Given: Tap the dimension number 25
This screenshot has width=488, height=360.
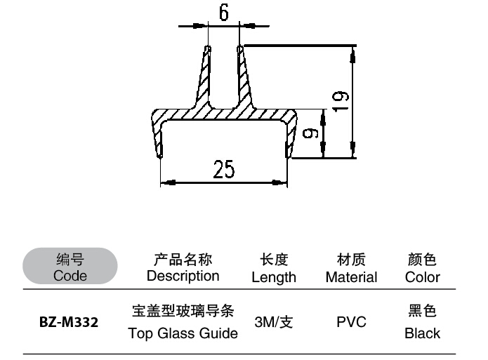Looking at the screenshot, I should pyautogui.click(x=223, y=170).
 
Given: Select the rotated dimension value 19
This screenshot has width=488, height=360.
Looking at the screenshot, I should pyautogui.click(x=341, y=102).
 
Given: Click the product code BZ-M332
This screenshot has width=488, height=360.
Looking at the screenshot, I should pyautogui.click(x=68, y=324).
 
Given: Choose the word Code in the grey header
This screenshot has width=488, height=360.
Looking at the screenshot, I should pyautogui.click(x=70, y=276).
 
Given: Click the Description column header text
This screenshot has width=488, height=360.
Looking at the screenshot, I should pyautogui.click(x=183, y=276).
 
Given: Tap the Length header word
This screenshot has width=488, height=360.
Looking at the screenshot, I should pyautogui.click(x=274, y=277).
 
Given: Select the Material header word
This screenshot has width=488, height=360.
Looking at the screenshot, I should pyautogui.click(x=351, y=277).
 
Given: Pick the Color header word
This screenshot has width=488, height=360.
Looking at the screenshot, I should pyautogui.click(x=423, y=277).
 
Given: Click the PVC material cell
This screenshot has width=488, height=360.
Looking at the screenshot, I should pyautogui.click(x=351, y=324).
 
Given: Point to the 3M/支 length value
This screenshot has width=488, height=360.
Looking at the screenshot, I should pyautogui.click(x=274, y=324).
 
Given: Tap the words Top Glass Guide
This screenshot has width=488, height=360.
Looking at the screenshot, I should pyautogui.click(x=183, y=334).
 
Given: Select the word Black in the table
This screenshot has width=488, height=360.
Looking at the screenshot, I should pyautogui.click(x=423, y=334).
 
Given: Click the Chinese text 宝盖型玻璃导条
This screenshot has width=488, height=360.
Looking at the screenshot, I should pyautogui.click(x=183, y=310).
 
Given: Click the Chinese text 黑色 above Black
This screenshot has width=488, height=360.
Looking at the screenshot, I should pyautogui.click(x=423, y=311).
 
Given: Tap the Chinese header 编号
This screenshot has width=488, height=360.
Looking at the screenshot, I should pyautogui.click(x=70, y=260).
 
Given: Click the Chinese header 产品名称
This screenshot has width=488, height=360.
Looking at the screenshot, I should pyautogui.click(x=183, y=260).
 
